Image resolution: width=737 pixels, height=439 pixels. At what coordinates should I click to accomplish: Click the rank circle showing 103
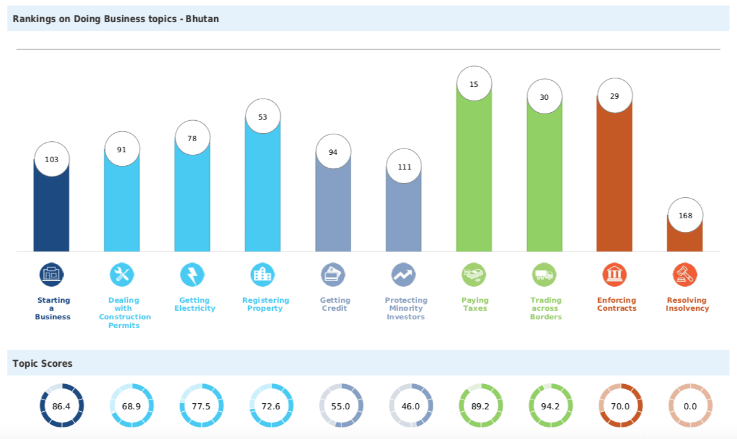pos(52,159)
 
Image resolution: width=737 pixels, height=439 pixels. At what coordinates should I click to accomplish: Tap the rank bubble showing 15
pos(474,84)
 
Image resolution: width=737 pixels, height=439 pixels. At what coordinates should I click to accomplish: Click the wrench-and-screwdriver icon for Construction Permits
pos(122,274)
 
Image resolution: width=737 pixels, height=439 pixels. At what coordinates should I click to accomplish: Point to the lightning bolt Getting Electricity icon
pos(192,274)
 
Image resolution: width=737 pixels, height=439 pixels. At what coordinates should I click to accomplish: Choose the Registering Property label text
pos(265,304)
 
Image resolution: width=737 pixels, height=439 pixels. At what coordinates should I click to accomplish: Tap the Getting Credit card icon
pos(333,274)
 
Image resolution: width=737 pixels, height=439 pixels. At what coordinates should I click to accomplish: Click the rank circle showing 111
pos(404,166)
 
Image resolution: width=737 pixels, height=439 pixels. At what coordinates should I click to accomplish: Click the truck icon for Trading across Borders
pos(544,274)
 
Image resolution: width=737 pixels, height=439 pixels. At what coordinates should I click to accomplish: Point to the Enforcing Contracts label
pos(616,304)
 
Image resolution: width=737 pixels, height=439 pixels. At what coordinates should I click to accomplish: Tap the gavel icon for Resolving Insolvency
pos(685,274)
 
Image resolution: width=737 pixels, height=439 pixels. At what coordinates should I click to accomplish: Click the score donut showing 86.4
pos(62,406)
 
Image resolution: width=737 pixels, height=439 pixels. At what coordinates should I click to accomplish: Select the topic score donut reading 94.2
pos(551,406)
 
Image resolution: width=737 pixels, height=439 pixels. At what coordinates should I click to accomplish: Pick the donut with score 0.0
pos(690,406)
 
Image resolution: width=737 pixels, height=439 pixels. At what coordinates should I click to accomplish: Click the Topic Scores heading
pos(43,363)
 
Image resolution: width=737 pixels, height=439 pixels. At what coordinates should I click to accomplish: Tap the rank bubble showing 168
pos(685,215)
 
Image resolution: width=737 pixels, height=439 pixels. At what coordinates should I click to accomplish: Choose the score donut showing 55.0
pos(341,406)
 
